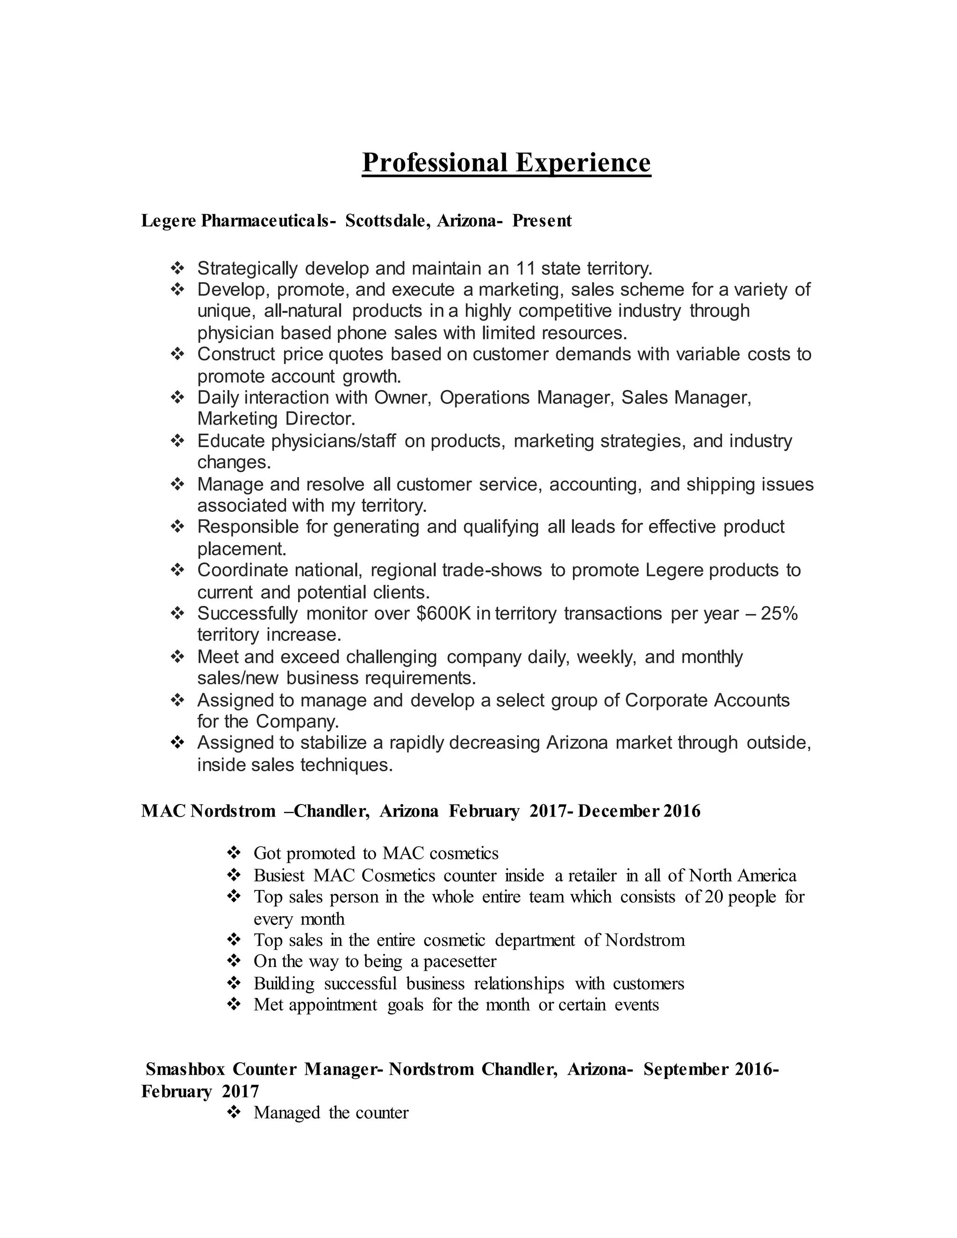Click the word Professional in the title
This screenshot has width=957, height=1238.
pos(434,163)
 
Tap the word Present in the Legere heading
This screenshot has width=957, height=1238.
pos(542,221)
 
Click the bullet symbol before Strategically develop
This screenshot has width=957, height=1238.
pos(178,268)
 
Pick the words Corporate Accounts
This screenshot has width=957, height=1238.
pos(707,700)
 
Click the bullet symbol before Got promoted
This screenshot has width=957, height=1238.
pos(234,853)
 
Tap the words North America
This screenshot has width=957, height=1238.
pos(742,876)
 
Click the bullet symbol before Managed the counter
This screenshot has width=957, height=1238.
pos(234,1113)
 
